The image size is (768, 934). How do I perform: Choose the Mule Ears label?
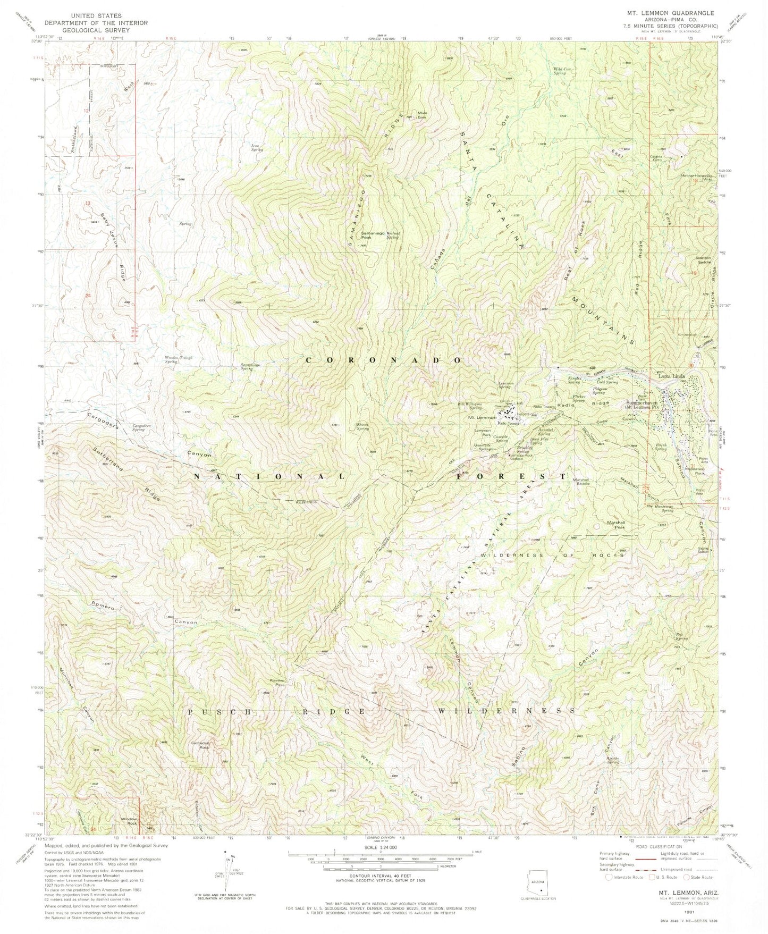[x=423, y=114]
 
